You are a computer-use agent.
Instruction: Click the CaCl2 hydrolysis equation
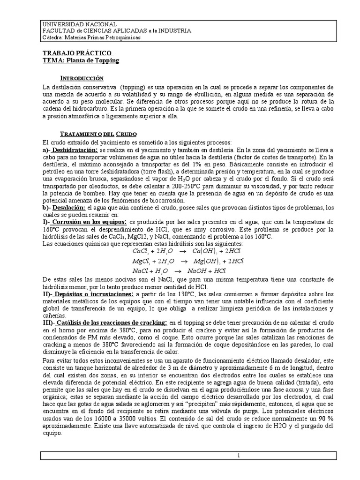[180, 252]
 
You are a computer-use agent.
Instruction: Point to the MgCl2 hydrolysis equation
[180, 261]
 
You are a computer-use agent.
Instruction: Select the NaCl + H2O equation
[180, 271]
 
